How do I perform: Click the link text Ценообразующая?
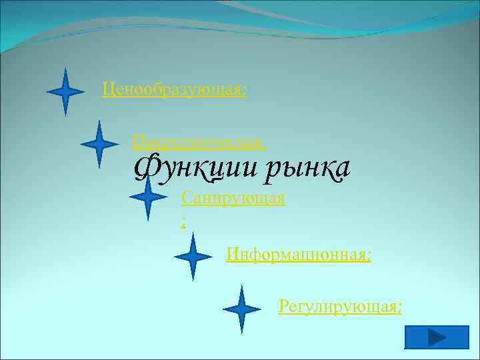(173, 89)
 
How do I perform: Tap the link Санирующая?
(233, 198)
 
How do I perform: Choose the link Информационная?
(297, 254)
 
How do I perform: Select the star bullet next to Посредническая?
(99, 143)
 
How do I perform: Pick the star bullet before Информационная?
(193, 256)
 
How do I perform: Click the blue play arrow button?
(436, 337)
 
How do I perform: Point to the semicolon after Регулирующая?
(400, 307)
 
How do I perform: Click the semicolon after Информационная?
(369, 255)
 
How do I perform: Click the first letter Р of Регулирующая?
(284, 307)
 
